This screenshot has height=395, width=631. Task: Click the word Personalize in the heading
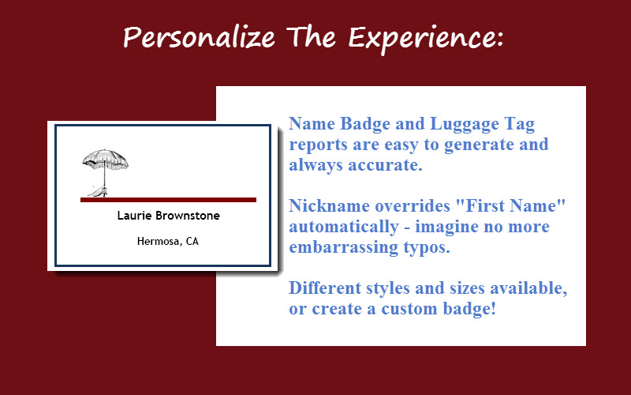(x=200, y=38)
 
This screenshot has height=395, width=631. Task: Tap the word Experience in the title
(x=426, y=39)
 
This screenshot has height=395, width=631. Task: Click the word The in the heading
(x=311, y=36)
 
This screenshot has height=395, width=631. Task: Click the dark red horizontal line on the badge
(x=168, y=200)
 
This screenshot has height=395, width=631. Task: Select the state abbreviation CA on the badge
(x=192, y=241)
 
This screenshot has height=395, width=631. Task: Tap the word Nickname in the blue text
(x=329, y=205)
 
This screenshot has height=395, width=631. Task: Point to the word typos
(x=427, y=248)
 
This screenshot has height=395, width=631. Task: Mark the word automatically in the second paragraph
(x=344, y=227)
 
